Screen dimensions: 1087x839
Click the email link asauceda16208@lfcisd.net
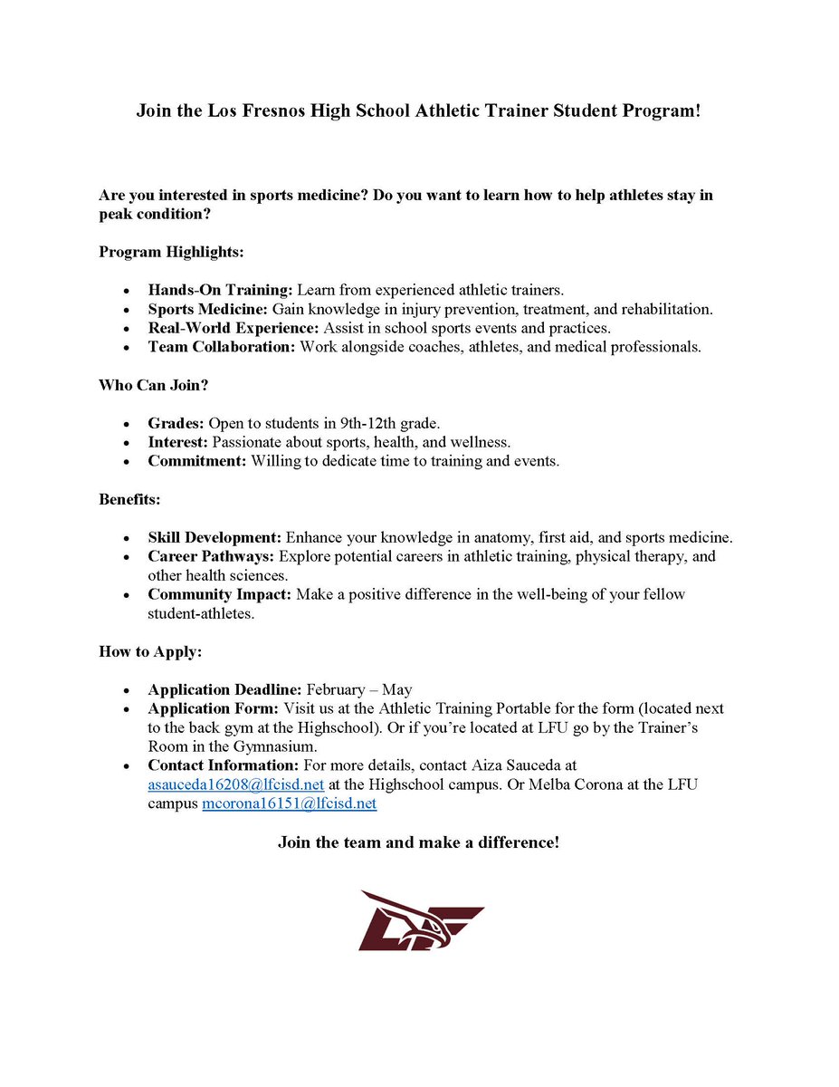tap(236, 784)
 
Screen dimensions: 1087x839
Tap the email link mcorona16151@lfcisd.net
tap(289, 803)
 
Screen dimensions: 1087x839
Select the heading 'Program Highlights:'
tap(171, 251)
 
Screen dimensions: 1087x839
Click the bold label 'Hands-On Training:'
tap(221, 290)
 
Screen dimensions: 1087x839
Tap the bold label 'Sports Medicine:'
tap(210, 309)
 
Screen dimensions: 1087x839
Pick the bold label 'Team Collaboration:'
tap(222, 347)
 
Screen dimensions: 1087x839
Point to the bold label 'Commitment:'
tap(197, 461)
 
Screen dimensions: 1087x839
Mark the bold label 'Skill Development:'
tap(215, 537)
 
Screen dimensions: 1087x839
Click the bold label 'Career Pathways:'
tap(212, 556)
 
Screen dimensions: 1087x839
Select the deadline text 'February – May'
tap(359, 689)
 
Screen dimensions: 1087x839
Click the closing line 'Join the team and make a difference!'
tap(418, 842)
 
